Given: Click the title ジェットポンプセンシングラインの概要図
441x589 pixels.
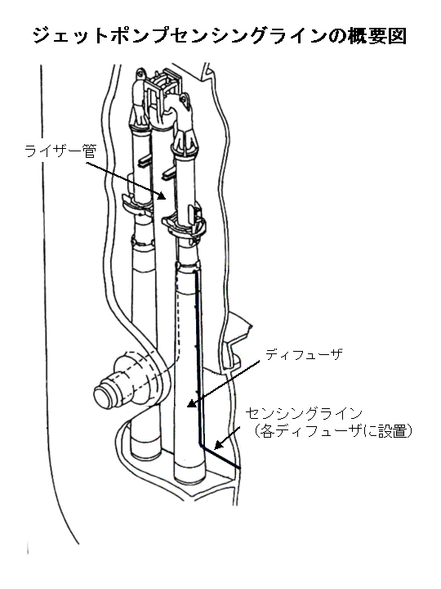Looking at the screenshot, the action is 220,37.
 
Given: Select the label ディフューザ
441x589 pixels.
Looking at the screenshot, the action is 304,354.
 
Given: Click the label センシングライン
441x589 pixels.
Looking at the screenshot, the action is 304,414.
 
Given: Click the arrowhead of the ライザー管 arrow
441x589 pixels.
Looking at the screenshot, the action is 161,196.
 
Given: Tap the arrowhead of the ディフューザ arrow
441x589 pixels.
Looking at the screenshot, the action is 192,403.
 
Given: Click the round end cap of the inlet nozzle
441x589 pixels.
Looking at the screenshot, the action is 104,395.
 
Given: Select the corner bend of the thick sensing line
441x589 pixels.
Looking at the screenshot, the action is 201,445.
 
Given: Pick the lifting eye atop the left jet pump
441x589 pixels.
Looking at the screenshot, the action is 140,74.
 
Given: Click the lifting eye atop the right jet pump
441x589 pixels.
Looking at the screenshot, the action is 184,100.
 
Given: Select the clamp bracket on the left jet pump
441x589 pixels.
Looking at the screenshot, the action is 137,203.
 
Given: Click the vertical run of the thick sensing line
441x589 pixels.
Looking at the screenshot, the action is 198,357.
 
